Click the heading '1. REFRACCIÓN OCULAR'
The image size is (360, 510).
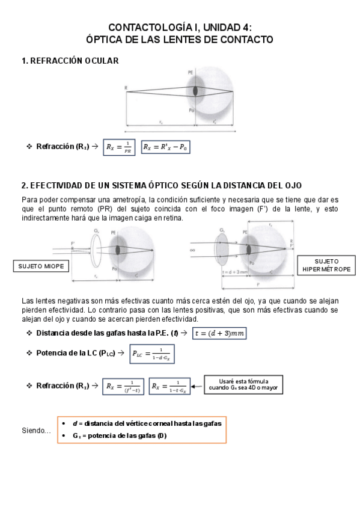(70, 61)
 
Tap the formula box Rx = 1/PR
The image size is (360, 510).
(119, 147)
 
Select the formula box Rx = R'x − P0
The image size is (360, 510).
(165, 147)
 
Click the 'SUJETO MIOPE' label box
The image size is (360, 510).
(39, 266)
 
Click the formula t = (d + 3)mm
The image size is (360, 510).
(219, 333)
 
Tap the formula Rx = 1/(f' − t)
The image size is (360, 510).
(123, 386)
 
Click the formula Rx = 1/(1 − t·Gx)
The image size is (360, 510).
(169, 386)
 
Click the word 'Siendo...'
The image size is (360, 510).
(35, 431)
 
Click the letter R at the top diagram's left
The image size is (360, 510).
(126, 88)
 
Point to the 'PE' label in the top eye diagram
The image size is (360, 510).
(191, 72)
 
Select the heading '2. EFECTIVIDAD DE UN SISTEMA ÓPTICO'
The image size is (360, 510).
(161, 185)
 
